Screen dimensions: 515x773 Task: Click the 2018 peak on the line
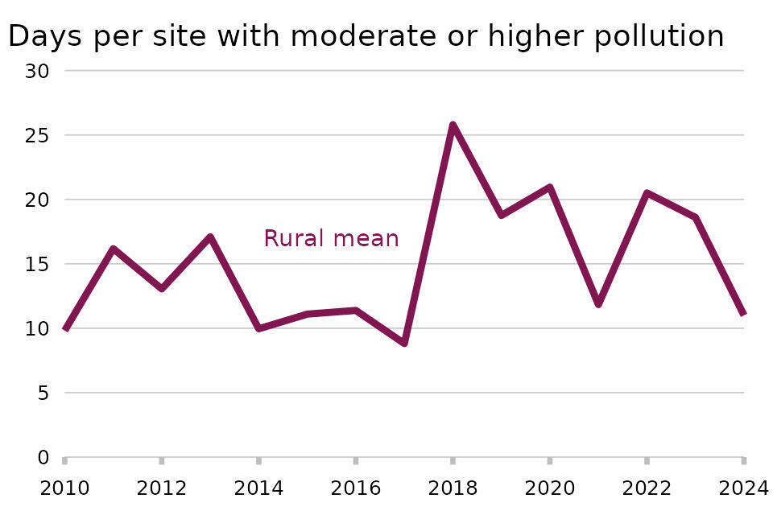(453, 125)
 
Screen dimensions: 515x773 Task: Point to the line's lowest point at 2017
(404, 343)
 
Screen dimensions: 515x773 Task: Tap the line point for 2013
(210, 237)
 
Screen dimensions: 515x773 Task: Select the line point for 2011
(114, 249)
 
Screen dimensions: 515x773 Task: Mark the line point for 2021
(598, 304)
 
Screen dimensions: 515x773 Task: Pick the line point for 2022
(647, 193)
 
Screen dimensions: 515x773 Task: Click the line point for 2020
(550, 187)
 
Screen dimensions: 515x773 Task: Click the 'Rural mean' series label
(331, 239)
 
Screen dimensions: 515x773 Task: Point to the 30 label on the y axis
(38, 71)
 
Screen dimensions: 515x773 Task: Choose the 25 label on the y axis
(38, 135)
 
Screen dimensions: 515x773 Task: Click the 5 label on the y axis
(43, 393)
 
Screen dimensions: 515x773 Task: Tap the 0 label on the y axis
(43, 457)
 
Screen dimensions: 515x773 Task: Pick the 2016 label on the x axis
(355, 487)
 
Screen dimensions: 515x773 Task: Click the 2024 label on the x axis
(742, 487)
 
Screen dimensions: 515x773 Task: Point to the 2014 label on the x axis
(258, 487)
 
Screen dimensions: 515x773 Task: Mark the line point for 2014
(258, 328)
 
